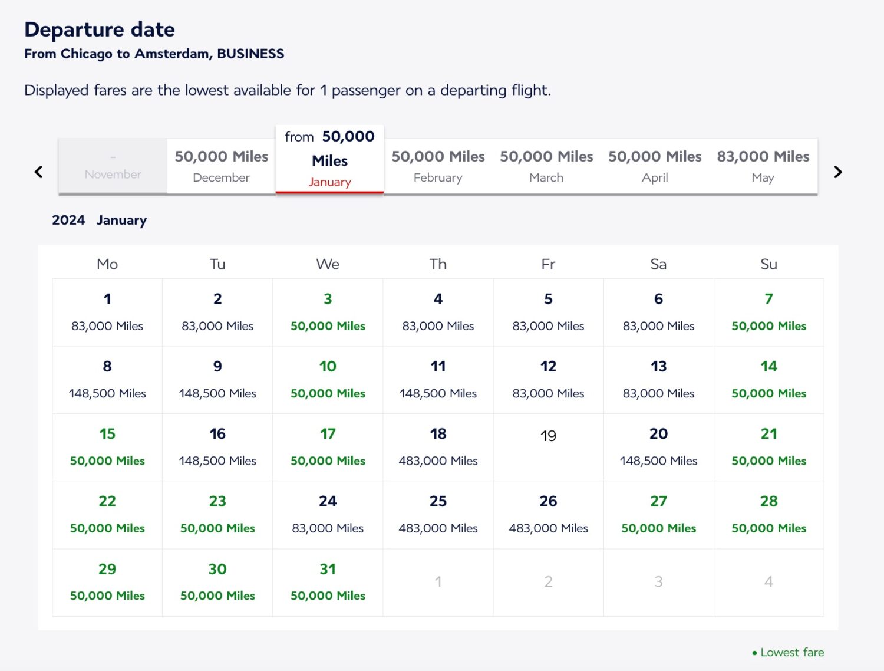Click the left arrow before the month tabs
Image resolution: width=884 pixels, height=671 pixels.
pos(39,172)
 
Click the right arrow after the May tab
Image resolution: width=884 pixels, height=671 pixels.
pos(838,172)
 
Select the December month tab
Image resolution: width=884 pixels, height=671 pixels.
pos(221,166)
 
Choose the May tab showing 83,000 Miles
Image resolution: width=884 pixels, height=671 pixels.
pos(763,166)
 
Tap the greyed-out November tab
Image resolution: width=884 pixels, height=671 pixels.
pos(113,166)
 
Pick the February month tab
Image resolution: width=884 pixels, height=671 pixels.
pos(438,166)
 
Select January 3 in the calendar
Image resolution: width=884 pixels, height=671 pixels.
pos(328,312)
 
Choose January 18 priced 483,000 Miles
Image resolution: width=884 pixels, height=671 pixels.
pos(438,447)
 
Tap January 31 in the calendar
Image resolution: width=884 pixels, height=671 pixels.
pos(328,582)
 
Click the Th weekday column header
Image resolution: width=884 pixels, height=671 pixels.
pos(438,264)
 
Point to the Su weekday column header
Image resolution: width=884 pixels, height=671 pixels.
pos(768,264)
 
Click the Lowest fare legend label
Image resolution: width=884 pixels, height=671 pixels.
pos(791,652)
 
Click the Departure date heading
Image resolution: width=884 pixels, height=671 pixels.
pos(100,29)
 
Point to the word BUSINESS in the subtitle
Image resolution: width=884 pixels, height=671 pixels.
pos(250,54)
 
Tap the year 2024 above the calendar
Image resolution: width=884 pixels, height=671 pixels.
pos(68,220)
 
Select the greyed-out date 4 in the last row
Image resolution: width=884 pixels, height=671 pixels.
pos(768,582)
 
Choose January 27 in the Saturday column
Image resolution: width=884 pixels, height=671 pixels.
pos(658,514)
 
